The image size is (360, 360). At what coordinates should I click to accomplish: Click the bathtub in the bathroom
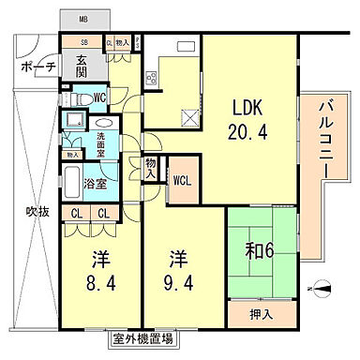tap(72, 178)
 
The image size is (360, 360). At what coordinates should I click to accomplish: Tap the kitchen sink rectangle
tap(184, 47)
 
